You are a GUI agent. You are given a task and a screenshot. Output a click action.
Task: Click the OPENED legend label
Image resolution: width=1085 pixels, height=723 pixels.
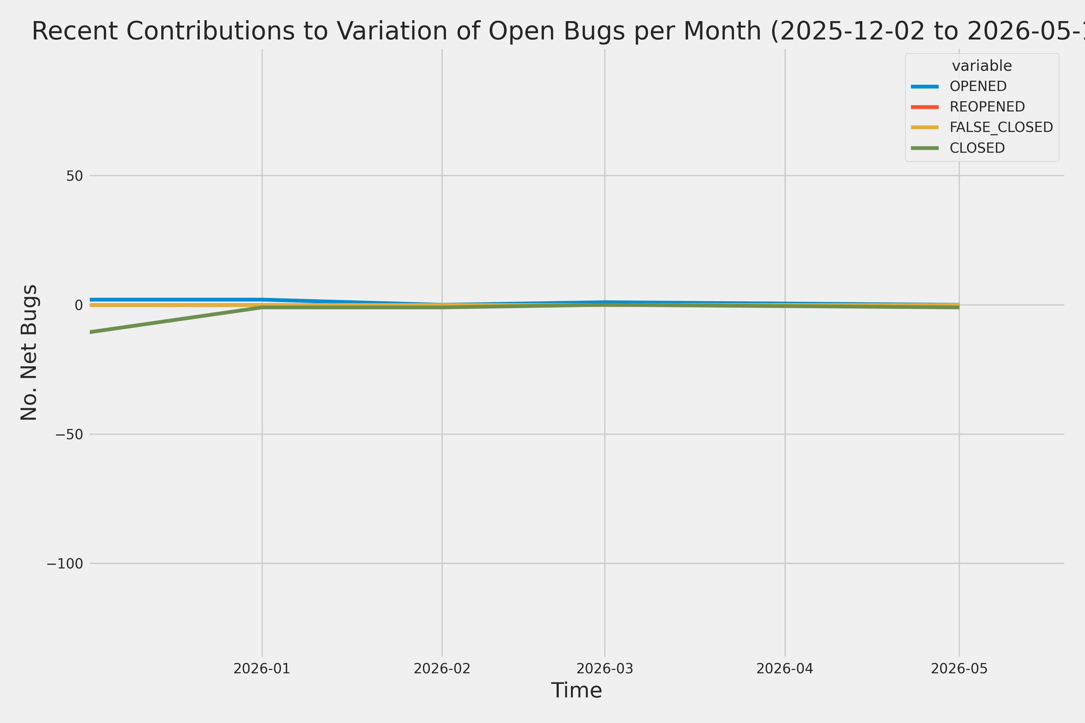point(978,86)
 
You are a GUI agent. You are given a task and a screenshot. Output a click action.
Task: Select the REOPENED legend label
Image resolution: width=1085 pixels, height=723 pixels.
point(987,107)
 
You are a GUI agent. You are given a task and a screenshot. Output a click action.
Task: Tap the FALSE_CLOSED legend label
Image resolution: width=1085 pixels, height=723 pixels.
point(1001,127)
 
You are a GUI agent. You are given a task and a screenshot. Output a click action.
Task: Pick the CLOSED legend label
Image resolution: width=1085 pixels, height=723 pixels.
point(977,148)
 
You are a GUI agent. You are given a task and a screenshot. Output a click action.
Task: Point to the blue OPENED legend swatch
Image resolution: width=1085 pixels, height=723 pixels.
point(925,86)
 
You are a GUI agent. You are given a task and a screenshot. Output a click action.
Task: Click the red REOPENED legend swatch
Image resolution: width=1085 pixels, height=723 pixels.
point(925,107)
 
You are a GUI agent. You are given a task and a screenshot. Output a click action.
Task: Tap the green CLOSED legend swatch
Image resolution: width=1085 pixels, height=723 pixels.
point(925,148)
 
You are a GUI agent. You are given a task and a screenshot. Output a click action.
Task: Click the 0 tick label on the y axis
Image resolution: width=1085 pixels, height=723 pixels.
point(79,305)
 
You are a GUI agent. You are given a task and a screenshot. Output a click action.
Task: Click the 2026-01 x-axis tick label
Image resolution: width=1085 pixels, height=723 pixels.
point(262,668)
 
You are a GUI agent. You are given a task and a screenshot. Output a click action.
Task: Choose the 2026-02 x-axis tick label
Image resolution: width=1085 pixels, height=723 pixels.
point(442,668)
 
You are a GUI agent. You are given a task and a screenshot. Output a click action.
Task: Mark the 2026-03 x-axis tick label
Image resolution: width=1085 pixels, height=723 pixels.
point(605,668)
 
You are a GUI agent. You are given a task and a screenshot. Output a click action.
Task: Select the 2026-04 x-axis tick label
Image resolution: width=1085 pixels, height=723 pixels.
point(785,668)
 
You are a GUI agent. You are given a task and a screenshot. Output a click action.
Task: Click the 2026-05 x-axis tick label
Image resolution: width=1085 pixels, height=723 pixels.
point(959,668)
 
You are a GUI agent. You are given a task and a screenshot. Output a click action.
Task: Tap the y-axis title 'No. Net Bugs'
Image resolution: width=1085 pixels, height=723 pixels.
point(29,352)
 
